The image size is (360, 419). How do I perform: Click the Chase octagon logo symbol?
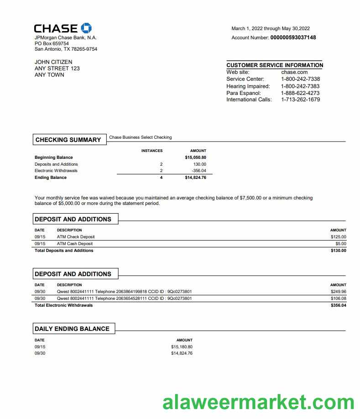86,28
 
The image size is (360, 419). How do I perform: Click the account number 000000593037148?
293,37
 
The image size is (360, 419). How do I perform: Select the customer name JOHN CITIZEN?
53,62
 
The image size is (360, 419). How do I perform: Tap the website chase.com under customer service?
294,72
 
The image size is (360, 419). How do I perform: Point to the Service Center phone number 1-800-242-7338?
300,79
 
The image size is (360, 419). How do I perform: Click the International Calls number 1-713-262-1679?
300,100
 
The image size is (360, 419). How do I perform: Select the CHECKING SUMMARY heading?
68,140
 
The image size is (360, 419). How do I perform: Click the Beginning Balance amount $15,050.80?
195,157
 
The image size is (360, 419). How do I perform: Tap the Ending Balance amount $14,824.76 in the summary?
195,178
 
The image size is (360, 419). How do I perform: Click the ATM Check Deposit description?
76,237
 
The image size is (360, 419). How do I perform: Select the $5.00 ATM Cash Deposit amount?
340,244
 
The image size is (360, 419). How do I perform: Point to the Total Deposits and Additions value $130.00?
338,251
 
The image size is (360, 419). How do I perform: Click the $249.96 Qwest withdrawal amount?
338,292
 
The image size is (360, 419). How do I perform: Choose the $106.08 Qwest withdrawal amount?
338,299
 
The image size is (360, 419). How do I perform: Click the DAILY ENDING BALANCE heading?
72,329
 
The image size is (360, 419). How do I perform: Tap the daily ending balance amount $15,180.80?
182,347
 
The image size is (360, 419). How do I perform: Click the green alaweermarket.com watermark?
258,403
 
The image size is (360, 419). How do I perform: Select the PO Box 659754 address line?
52,43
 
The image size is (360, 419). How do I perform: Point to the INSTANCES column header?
152,151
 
